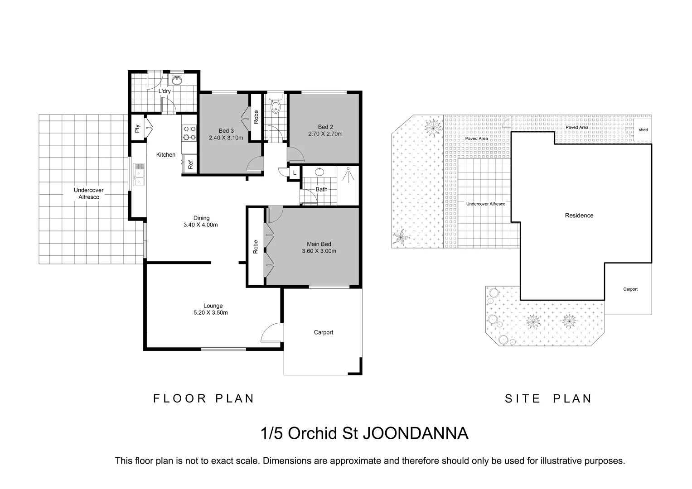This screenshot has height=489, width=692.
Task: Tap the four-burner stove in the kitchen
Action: click(x=189, y=133)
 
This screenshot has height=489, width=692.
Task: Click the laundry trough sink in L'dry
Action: click(x=177, y=80)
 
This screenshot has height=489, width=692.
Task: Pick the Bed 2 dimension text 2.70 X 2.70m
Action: click(x=325, y=134)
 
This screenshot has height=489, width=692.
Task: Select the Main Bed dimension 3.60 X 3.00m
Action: click(x=319, y=251)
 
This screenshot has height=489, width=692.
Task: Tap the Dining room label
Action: click(x=201, y=218)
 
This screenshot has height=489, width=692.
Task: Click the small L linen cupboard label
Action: click(x=295, y=173)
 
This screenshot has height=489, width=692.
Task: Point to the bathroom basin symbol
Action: click(x=319, y=172)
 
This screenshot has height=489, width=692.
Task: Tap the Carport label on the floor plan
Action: click(x=323, y=332)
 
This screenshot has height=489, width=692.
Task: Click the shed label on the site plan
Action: click(x=643, y=130)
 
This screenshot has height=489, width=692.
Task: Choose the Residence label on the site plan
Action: click(x=579, y=216)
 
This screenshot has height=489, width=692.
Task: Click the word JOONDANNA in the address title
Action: click(x=412, y=433)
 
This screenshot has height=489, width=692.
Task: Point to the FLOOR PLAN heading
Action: click(x=204, y=398)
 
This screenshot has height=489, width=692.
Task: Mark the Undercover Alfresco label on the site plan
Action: click(x=485, y=204)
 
